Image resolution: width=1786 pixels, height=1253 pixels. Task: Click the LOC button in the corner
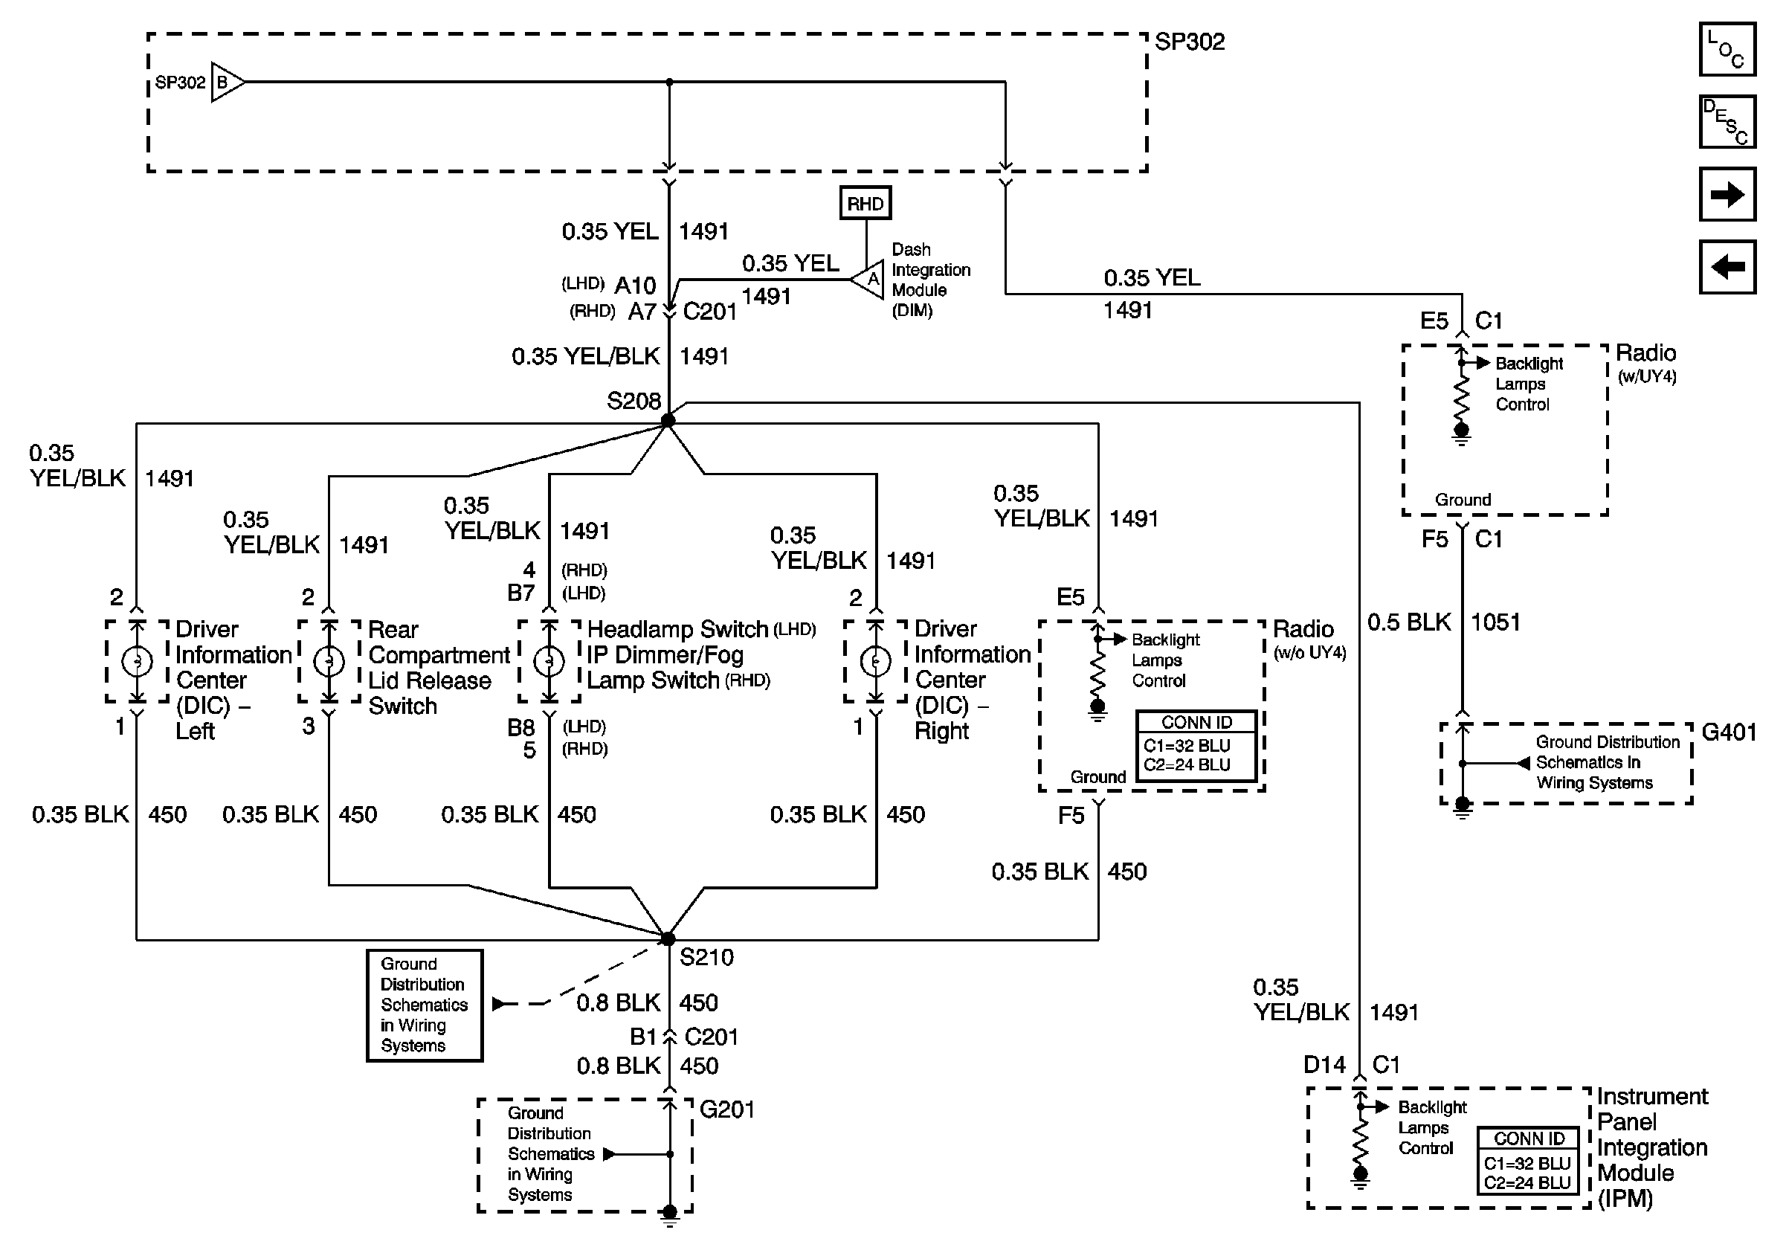coord(1727,49)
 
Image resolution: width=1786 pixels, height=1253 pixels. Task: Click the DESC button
coord(1727,121)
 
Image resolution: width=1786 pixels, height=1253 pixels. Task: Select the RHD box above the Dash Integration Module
coord(865,203)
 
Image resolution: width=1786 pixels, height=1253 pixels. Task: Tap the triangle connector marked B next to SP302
coord(226,82)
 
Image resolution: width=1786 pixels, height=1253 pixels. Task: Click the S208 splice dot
coord(668,421)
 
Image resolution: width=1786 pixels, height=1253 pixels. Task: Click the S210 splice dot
coord(668,938)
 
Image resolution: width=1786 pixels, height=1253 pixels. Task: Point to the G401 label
coord(1729,732)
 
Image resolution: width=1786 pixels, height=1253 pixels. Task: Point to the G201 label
coord(726,1110)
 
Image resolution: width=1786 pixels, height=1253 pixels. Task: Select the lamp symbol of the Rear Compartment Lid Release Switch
coord(329,661)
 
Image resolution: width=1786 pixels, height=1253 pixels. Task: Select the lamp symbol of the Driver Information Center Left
coord(137,661)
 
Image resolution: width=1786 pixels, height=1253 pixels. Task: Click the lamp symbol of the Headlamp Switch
coord(549,661)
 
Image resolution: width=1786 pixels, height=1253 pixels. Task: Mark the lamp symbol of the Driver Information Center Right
coord(876,661)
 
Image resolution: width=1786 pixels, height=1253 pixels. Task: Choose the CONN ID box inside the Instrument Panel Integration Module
coord(1529,1162)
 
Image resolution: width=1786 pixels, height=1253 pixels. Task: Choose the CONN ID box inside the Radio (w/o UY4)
coord(1196,745)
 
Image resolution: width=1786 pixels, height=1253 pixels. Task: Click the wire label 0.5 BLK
coord(1409,622)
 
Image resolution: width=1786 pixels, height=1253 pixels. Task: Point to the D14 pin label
coord(1324,1065)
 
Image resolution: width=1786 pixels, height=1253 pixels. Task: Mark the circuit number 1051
coord(1495,622)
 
